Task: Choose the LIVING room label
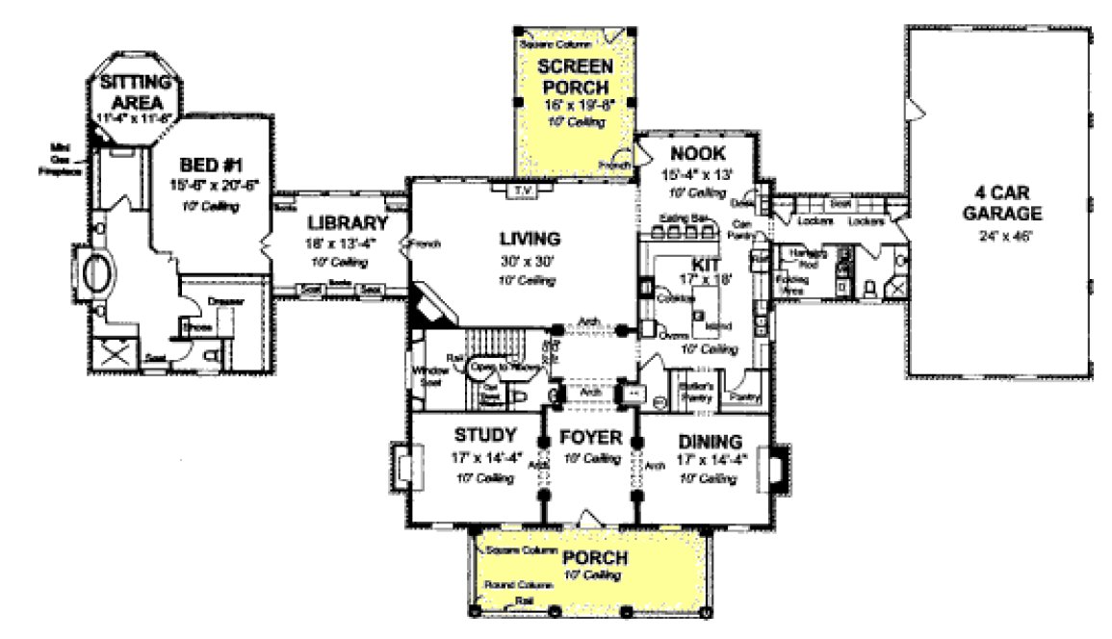click(x=528, y=238)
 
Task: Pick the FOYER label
click(x=591, y=439)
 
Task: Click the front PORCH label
click(x=595, y=558)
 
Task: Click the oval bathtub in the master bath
click(x=97, y=273)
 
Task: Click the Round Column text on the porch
click(x=519, y=585)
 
